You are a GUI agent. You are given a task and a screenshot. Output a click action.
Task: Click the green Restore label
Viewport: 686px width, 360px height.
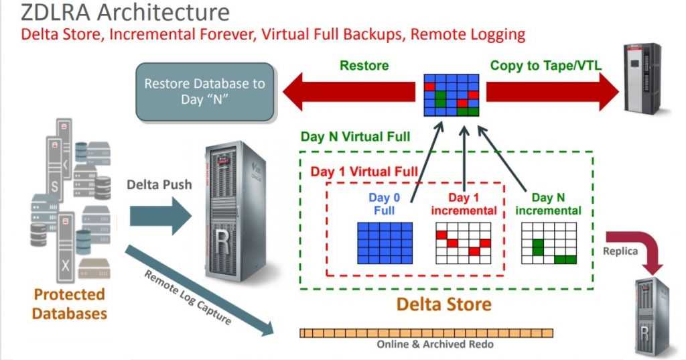click(x=364, y=66)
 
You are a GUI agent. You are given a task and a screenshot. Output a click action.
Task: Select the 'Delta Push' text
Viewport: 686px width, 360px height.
click(x=159, y=184)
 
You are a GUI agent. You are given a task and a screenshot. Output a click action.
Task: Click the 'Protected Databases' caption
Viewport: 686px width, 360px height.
click(x=70, y=304)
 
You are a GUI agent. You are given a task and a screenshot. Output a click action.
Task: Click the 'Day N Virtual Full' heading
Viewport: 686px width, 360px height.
click(x=355, y=137)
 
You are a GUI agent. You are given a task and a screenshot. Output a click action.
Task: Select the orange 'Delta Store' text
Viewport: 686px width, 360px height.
click(x=443, y=304)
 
